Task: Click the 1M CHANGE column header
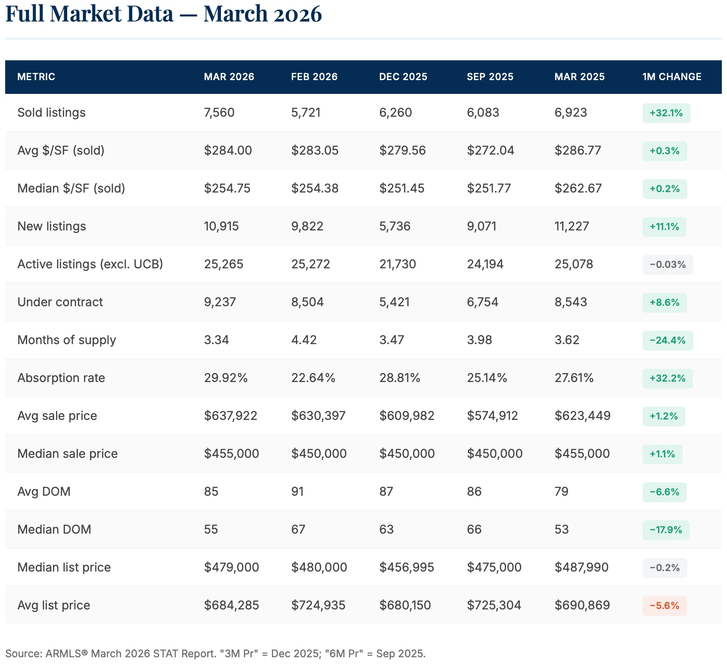(x=671, y=77)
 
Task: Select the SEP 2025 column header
(x=490, y=77)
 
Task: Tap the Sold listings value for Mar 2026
(x=219, y=112)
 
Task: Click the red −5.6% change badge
(x=664, y=606)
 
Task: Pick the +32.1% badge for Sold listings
(x=666, y=113)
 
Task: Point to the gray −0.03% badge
(x=668, y=264)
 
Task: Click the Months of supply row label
(x=67, y=340)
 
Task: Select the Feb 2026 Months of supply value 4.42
(x=304, y=340)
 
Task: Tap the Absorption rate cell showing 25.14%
(x=487, y=378)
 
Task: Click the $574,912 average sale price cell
(x=492, y=416)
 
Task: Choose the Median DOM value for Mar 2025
(x=562, y=529)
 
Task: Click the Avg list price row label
(x=54, y=605)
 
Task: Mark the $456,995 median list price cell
(x=406, y=567)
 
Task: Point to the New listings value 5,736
(x=395, y=226)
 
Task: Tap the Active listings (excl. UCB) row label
(x=90, y=264)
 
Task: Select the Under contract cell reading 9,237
(x=220, y=302)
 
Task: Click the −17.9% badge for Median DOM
(x=665, y=530)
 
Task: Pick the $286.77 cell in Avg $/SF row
(x=578, y=150)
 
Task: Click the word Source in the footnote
(x=22, y=653)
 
